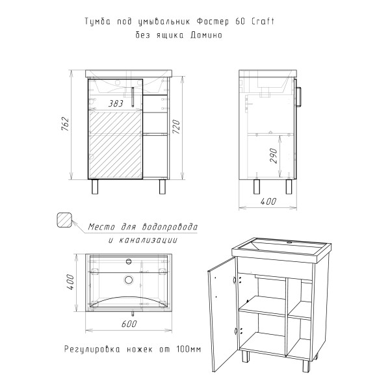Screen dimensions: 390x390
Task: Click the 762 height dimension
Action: coord(64,123)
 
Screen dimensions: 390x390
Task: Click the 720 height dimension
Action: coord(176,127)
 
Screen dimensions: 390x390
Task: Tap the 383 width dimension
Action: coord(116,103)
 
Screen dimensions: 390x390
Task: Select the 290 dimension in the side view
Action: coord(274,155)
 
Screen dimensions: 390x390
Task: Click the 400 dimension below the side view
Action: coord(268,201)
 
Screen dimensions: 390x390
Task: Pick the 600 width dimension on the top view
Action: coord(129,324)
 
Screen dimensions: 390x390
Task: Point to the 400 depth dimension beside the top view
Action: coord(70,282)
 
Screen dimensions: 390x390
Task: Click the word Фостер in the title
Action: coord(213,21)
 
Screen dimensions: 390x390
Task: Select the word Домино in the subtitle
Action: coord(206,35)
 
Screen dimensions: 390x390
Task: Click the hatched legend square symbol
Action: coord(64,220)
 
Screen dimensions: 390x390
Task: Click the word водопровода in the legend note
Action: coord(170,227)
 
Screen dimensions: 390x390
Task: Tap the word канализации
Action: coord(148,240)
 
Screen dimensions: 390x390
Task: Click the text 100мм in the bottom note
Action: coord(188,349)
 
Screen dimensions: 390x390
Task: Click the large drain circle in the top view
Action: coord(129,279)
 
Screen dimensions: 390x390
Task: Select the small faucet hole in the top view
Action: coord(129,261)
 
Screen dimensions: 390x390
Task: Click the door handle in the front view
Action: coord(133,97)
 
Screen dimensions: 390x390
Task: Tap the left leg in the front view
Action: coord(95,187)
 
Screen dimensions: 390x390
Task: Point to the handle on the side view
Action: coord(299,97)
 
